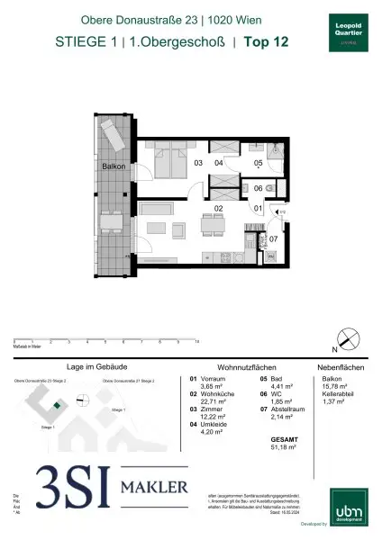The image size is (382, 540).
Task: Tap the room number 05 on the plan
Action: (x=257, y=163)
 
